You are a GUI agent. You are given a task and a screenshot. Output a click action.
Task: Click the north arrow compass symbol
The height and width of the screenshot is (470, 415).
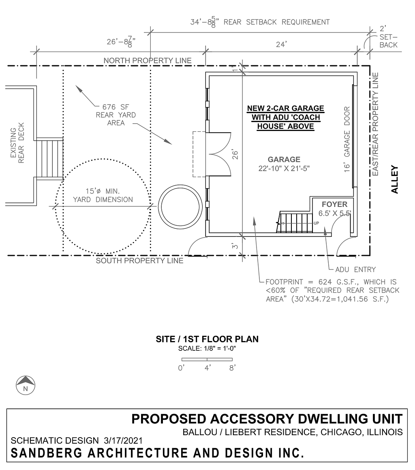click(26, 385)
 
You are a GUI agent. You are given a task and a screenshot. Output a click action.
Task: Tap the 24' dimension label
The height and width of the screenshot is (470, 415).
click(281, 44)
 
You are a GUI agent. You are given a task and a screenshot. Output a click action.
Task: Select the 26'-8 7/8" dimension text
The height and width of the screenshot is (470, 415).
click(121, 42)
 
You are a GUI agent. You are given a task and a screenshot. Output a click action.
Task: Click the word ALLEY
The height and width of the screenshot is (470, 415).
click(395, 180)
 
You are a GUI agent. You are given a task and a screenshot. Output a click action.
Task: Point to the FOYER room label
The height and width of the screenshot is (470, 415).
click(334, 204)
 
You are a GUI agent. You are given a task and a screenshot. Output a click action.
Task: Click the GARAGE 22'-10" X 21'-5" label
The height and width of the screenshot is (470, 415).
click(284, 164)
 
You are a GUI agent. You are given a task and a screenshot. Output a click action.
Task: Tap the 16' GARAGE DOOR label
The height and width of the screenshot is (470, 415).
click(347, 139)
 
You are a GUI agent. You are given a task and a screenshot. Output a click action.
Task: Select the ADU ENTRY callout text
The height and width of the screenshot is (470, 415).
click(355, 270)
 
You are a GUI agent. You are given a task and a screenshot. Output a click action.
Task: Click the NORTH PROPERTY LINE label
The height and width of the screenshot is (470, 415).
click(148, 60)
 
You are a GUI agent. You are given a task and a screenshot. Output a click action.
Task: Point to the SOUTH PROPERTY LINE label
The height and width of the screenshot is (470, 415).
click(140, 261)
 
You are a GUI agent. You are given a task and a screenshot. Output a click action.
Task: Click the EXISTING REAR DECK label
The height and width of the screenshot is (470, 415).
click(17, 143)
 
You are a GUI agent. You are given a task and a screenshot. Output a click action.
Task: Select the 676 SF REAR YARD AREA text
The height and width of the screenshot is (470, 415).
click(116, 115)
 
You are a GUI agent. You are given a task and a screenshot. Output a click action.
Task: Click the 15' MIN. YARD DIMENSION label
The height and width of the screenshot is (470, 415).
click(103, 195)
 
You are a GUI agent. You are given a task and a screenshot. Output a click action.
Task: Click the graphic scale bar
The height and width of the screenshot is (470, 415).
click(207, 359)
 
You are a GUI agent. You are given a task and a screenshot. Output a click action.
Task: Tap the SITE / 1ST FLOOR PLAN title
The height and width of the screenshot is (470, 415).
click(207, 339)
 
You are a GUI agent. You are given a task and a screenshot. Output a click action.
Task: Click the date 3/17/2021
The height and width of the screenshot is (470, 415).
click(123, 441)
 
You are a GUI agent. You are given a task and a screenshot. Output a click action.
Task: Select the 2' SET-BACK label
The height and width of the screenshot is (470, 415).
click(388, 37)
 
